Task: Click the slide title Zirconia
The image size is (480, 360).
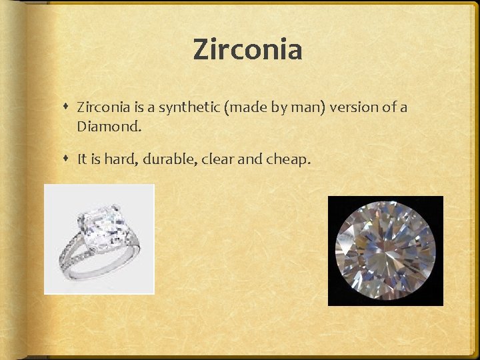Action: [x=247, y=49]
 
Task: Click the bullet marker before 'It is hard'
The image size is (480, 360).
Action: [x=68, y=159]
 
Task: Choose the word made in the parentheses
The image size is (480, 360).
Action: [x=248, y=107]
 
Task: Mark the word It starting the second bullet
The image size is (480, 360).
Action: [x=82, y=159]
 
